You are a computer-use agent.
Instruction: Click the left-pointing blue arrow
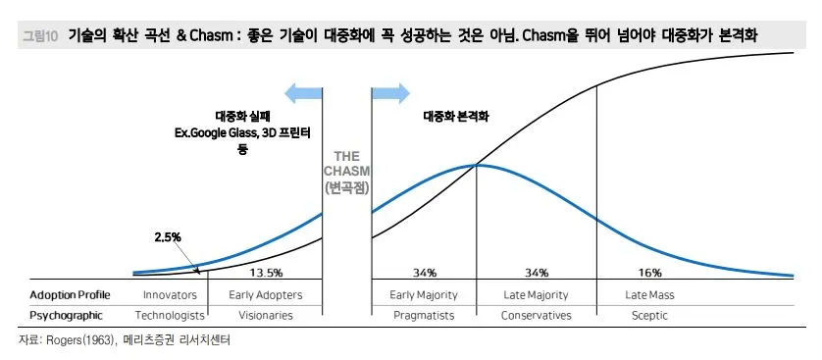(x=302, y=93)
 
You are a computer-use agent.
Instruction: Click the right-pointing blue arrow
(x=389, y=93)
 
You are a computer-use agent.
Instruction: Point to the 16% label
(x=649, y=272)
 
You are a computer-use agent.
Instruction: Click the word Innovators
(x=170, y=294)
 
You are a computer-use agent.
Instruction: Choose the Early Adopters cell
(x=265, y=294)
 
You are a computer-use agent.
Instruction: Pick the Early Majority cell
(x=424, y=294)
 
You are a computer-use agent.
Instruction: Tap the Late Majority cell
(x=536, y=294)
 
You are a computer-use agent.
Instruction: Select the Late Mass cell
(x=649, y=294)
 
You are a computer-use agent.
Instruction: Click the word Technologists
(x=169, y=316)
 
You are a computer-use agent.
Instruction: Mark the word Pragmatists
(x=423, y=316)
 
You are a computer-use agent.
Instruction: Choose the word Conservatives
(x=536, y=316)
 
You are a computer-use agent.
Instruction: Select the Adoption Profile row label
(x=70, y=294)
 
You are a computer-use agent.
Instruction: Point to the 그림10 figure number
(x=40, y=36)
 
